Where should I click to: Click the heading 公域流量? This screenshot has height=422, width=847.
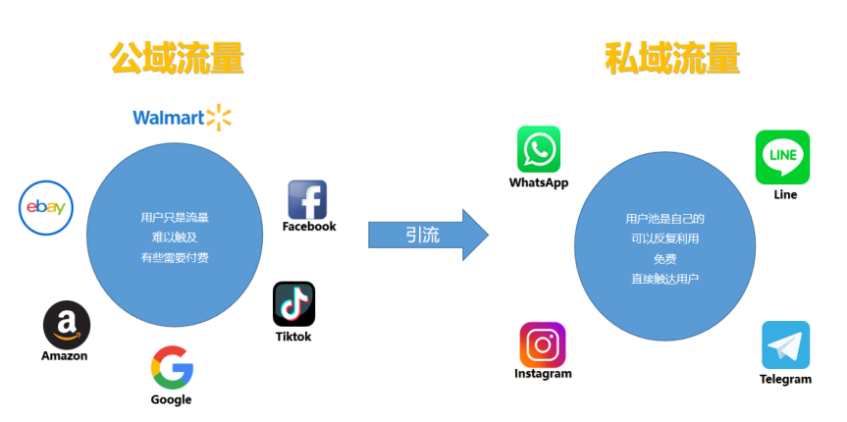(x=177, y=59)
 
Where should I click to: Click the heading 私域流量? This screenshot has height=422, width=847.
(x=672, y=59)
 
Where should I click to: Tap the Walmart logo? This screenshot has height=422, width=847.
(x=183, y=119)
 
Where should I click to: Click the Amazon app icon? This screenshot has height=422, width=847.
(x=66, y=325)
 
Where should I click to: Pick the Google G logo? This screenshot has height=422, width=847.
(x=172, y=367)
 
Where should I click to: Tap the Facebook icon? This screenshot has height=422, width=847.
(x=307, y=199)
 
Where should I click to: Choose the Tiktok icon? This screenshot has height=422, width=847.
(x=293, y=304)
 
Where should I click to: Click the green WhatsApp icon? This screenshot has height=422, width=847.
(x=539, y=149)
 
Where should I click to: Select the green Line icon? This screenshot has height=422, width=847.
(x=782, y=156)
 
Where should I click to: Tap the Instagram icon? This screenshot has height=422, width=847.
(x=543, y=344)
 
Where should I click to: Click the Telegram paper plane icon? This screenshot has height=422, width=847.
(x=785, y=345)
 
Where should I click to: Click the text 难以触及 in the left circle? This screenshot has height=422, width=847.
(x=174, y=237)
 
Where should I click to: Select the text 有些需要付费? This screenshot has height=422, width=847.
(x=174, y=258)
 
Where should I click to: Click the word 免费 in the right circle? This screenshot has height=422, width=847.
(x=664, y=259)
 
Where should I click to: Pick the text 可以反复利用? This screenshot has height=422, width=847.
(x=664, y=238)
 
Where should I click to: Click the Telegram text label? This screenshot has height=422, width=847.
(x=785, y=380)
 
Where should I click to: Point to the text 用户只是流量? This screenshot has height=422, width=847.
(x=174, y=217)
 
